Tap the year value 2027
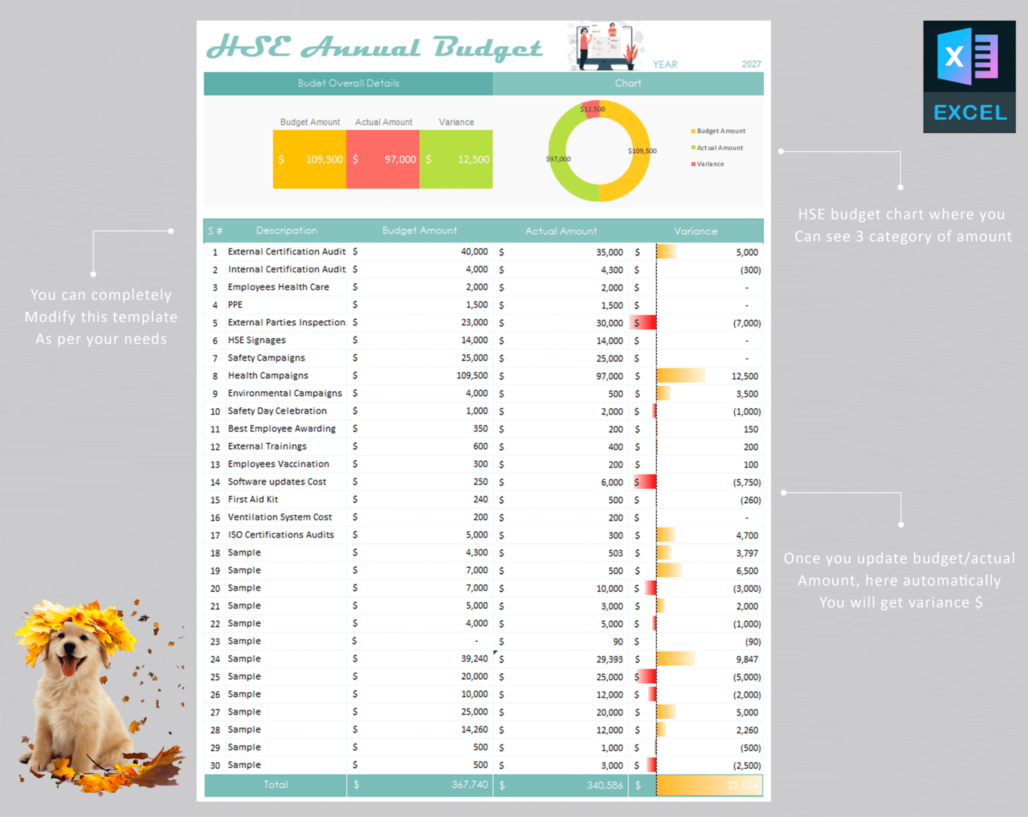click(x=751, y=64)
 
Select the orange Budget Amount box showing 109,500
click(x=309, y=159)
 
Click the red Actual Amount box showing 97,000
click(x=383, y=159)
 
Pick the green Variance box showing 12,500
click(x=456, y=159)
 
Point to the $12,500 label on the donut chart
click(x=592, y=109)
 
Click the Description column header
click(x=286, y=230)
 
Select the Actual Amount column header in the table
click(x=560, y=231)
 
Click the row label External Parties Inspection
click(x=286, y=323)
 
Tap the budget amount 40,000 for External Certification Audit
click(x=474, y=252)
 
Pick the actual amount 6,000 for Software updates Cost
click(x=612, y=482)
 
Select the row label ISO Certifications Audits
click(x=280, y=535)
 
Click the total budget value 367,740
click(x=469, y=784)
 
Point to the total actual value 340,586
click(x=604, y=785)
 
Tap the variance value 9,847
click(x=747, y=659)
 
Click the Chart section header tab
click(x=628, y=83)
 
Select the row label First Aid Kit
click(x=252, y=499)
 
